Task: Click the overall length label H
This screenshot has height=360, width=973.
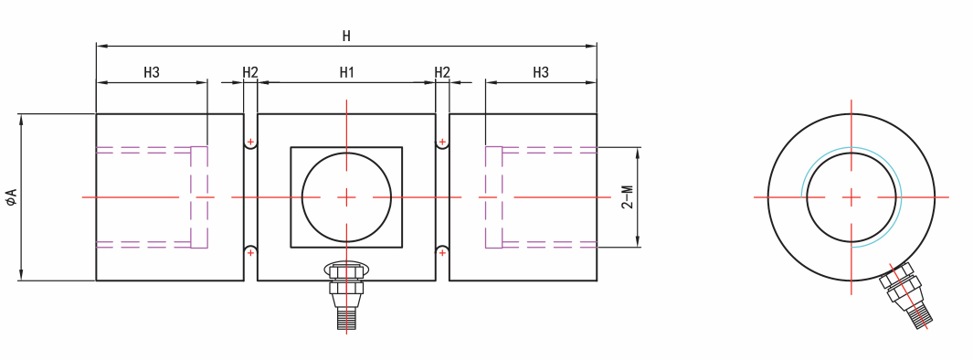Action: pyautogui.click(x=346, y=36)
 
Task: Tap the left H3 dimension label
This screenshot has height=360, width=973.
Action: pyautogui.click(x=152, y=72)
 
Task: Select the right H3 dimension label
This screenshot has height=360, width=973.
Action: pyautogui.click(x=541, y=72)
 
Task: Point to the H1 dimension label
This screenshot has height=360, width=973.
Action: pyautogui.click(x=346, y=72)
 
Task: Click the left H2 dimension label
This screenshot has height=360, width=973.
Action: pyautogui.click(x=250, y=72)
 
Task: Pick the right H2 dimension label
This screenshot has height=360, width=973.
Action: pyautogui.click(x=442, y=72)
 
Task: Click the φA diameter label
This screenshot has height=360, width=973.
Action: pyautogui.click(x=11, y=197)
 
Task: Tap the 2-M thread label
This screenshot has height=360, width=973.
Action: pyautogui.click(x=629, y=197)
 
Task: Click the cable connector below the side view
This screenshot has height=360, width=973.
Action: pyautogui.click(x=346, y=294)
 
